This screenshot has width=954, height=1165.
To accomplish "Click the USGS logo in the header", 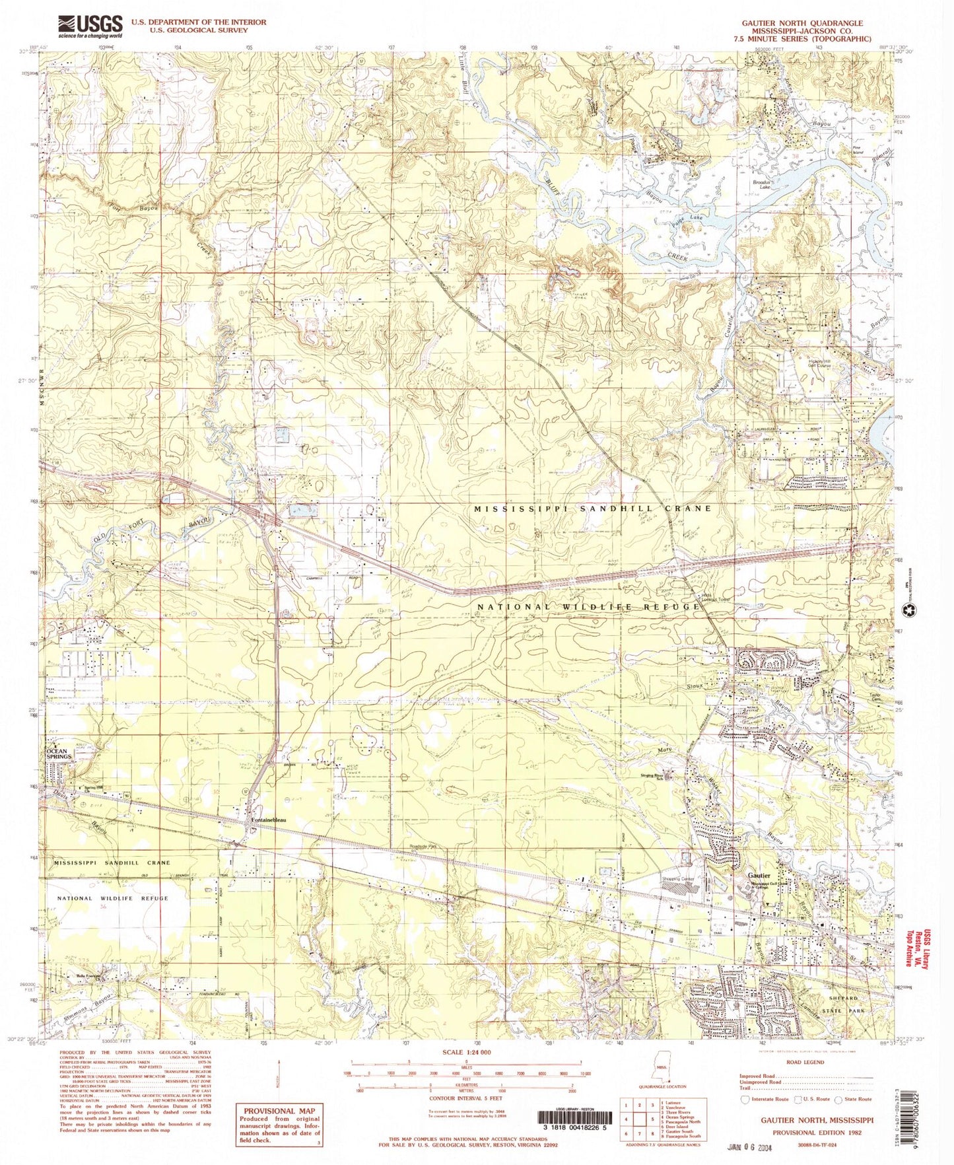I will [x=90, y=26].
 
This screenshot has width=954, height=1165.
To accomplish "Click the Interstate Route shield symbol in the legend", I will [x=746, y=1100].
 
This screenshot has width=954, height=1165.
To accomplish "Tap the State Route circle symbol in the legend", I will [x=840, y=1100].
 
